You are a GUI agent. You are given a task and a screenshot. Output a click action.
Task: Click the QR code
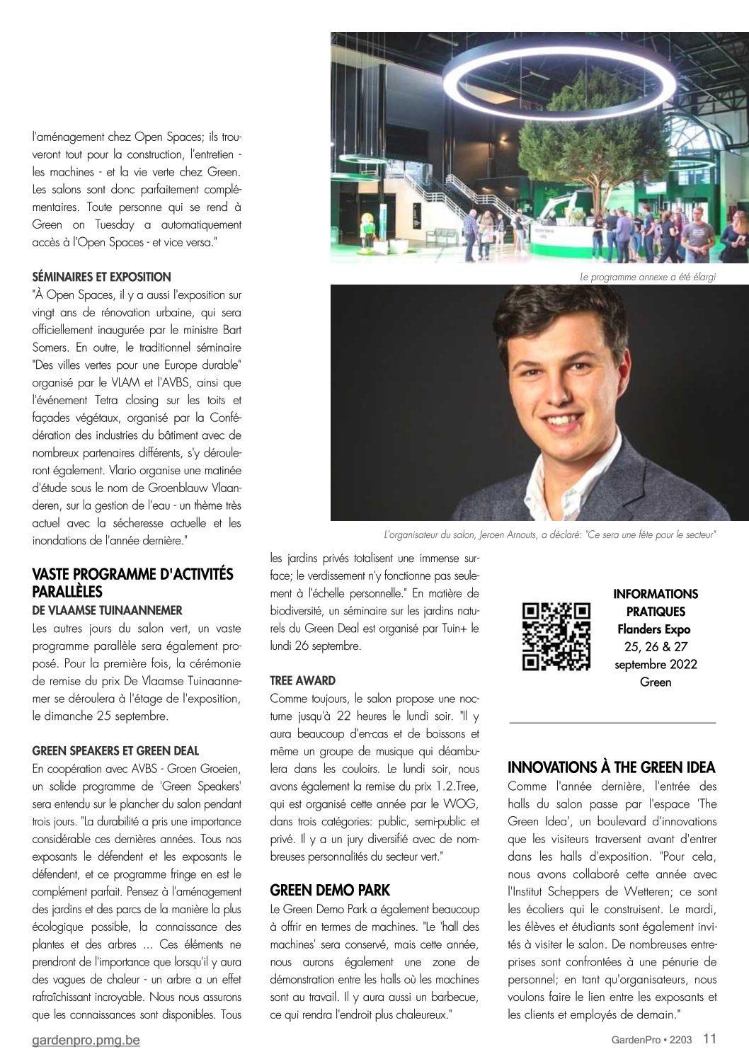coord(556,636)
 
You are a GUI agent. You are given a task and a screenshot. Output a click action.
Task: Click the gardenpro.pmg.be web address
coord(86,1041)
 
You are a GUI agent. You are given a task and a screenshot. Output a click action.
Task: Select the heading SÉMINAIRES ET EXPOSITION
coord(101,276)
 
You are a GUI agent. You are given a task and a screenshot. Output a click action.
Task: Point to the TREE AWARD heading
coord(302,681)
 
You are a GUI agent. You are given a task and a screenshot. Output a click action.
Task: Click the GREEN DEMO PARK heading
coord(331,890)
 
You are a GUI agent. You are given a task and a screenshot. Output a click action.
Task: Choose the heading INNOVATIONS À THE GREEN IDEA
coord(612,767)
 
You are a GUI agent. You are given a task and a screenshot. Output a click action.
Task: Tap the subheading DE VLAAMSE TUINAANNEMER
coord(107,609)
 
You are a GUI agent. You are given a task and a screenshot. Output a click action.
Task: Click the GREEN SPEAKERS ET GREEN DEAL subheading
coord(115,750)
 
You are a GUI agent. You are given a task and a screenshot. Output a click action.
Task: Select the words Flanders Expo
coord(654,629)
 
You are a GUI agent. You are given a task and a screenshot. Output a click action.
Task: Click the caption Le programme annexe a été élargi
coord(647,277)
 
